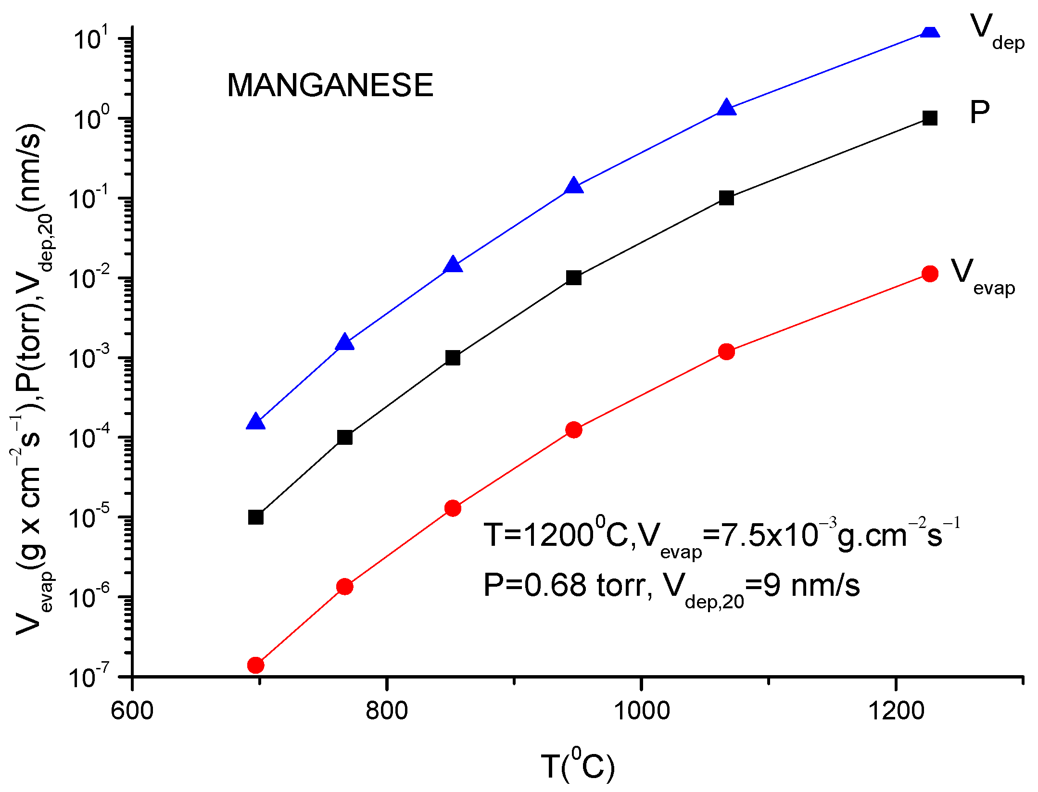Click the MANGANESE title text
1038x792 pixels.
point(330,85)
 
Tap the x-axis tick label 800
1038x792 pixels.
point(386,711)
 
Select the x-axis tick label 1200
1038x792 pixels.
point(896,711)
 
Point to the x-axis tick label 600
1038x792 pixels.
point(132,711)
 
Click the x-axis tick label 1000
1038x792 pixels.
point(641,711)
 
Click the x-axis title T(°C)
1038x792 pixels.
point(578,766)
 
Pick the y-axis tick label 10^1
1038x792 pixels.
point(91,38)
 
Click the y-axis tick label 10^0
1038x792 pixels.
point(91,118)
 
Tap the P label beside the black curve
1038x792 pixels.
point(979,113)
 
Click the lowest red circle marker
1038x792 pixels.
point(255,665)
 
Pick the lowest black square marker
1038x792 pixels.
point(255,517)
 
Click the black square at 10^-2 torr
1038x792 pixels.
point(573,278)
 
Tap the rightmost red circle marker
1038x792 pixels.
point(930,274)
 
